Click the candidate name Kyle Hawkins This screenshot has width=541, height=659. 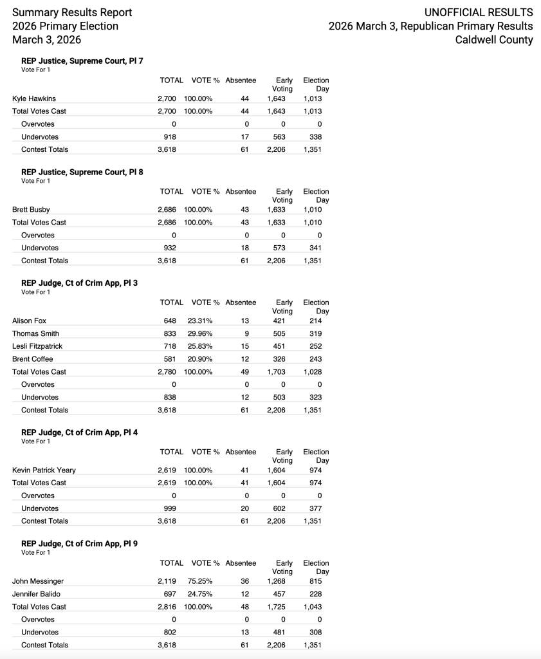click(33, 98)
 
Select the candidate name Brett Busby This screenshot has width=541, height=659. click(31, 210)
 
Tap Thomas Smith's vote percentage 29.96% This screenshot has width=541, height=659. click(200, 333)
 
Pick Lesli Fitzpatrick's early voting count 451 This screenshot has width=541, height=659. click(276, 346)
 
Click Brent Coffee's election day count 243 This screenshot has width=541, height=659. click(315, 359)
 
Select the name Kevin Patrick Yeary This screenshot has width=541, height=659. click(44, 470)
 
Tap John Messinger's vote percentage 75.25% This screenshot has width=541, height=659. click(200, 581)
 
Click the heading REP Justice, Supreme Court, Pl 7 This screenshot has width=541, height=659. click(82, 61)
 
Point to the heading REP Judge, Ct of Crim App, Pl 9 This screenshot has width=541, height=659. click(79, 544)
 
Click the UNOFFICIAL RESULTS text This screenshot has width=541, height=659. click(479, 12)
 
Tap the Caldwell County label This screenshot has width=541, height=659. click(494, 40)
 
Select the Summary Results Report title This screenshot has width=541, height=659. click(72, 12)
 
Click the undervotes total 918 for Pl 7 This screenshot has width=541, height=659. click(170, 137)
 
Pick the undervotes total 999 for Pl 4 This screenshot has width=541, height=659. click(170, 508)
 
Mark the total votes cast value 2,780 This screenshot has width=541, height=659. click(167, 372)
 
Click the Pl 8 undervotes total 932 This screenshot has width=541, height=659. click(170, 248)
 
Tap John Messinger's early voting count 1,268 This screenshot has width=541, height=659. click(276, 581)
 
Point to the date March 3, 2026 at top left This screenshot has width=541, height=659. click(47, 40)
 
